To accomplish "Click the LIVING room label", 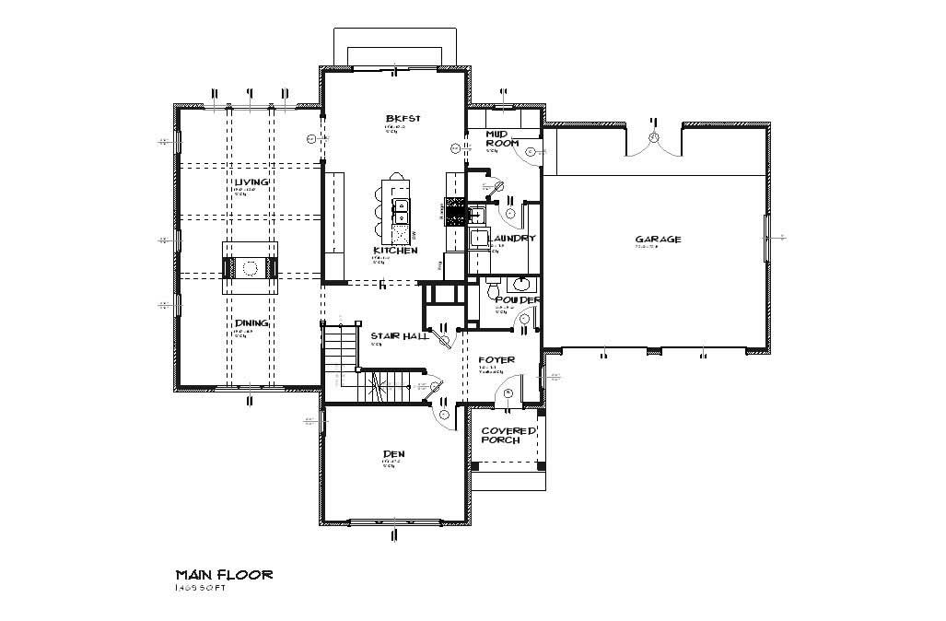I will [251, 182].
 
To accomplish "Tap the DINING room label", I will [251, 322].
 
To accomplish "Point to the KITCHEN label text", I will [395, 251].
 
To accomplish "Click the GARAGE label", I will [658, 240].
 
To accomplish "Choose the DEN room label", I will [393, 454].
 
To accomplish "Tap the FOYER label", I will [496, 359].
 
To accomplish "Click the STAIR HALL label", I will [399, 336].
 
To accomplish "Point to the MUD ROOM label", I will [502, 138].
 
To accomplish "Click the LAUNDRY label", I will [513, 239].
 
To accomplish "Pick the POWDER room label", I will [517, 300].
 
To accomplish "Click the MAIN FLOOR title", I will [224, 574].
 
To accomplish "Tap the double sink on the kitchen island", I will [401, 213].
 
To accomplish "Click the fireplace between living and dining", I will [249, 268].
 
